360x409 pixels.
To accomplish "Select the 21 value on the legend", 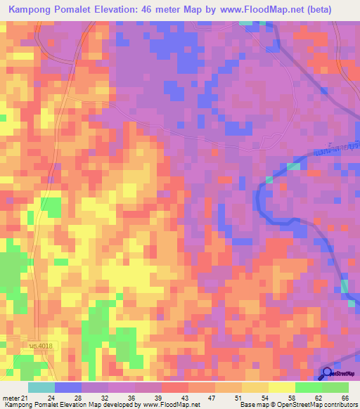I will pyautogui.click(x=24, y=397).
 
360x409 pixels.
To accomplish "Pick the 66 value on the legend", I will pyautogui.click(x=345, y=397).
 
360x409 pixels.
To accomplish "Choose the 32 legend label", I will pyautogui.click(x=105, y=397).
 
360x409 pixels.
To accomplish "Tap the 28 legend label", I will pyautogui.click(x=78, y=397).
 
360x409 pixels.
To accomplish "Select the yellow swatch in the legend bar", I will pyautogui.click(x=281, y=387).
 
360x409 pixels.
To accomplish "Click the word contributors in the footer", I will pyautogui.click(x=340, y=405).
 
